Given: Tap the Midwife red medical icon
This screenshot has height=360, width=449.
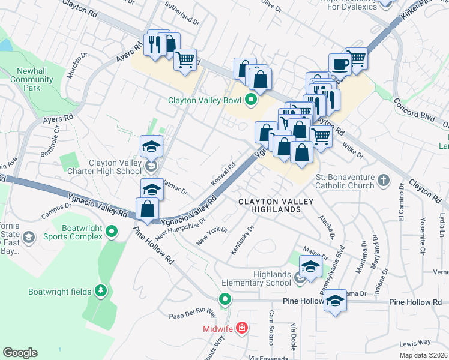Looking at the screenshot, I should [241, 328].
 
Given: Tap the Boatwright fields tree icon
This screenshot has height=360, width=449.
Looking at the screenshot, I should [101, 292].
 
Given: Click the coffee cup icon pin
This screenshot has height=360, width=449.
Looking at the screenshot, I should [340, 64].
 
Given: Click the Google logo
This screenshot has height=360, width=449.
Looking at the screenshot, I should [20, 353].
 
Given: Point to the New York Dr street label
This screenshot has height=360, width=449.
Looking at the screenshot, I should [212, 237].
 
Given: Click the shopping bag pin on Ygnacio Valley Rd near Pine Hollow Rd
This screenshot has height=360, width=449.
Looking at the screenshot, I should [147, 210].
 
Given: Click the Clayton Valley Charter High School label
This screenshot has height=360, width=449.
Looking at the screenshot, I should [115, 166].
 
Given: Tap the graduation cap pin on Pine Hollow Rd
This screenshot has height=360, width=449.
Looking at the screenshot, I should [336, 301].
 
